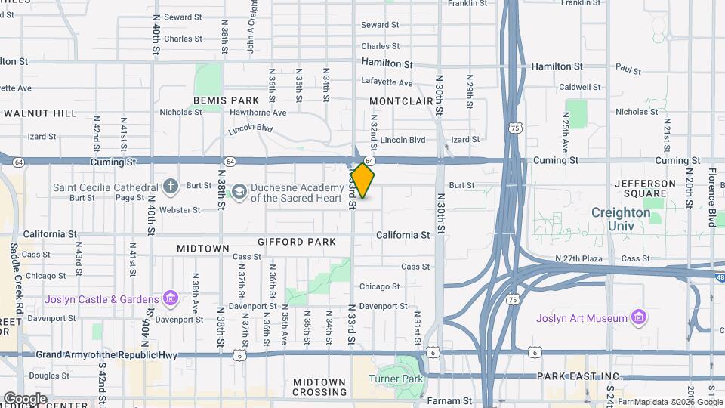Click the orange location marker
tap(362, 181)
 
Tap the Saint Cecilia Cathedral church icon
tap(171, 186)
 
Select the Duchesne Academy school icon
tap(239, 192)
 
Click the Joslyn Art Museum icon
tap(639, 317)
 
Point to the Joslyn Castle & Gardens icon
tap(170, 299)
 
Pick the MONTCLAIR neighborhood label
tap(401, 100)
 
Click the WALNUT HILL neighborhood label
tap(40, 113)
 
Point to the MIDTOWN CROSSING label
tap(319, 387)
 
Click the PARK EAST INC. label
tap(578, 376)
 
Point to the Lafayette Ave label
tap(387, 82)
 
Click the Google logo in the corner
tap(25, 398)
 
